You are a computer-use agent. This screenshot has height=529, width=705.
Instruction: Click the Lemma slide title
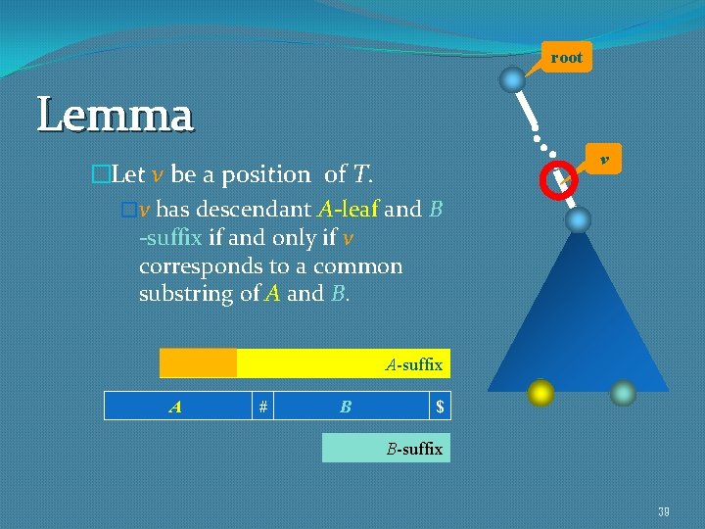point(116,117)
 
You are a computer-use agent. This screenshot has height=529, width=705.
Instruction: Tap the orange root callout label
point(566,58)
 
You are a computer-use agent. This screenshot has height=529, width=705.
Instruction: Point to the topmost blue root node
point(512,78)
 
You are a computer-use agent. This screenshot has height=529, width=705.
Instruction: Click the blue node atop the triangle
point(579,219)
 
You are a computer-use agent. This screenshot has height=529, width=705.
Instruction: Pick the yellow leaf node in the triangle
point(540,393)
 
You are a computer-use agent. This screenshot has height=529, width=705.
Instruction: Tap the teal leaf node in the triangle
point(623,393)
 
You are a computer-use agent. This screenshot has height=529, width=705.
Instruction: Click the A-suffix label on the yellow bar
point(414,364)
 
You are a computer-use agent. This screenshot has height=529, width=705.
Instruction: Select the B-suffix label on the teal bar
point(414,450)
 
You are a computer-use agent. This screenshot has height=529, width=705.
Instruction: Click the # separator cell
point(262,406)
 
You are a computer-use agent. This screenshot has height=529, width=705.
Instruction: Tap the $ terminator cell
point(441,406)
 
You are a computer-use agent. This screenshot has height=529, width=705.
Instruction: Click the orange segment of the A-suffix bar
point(199,363)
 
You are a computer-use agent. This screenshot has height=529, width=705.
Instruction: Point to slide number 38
point(664,511)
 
